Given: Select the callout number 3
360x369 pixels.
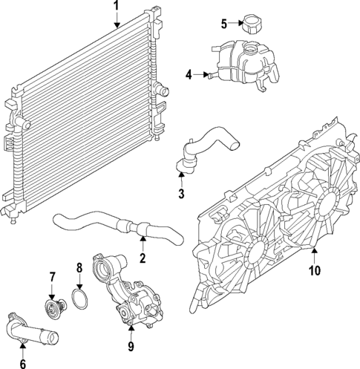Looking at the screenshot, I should coord(180,195).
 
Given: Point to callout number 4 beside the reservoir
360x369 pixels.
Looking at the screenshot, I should coord(189,74).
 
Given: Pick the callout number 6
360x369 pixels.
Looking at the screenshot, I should coord(22,363).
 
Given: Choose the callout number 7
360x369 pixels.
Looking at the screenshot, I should coord(52,278).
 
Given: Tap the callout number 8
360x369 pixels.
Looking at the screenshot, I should coord(79,268).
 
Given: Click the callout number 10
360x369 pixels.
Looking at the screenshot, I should coord(314,271).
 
